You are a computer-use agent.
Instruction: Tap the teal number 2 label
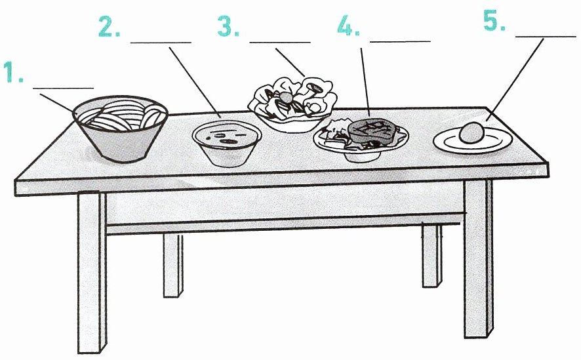(110, 26)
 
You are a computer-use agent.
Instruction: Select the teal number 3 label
(228, 26)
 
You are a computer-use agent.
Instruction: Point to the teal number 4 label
(348, 26)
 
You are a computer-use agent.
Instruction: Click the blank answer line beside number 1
(64, 88)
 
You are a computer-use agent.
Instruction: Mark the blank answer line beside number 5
(546, 37)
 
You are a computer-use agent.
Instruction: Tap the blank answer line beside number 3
(280, 42)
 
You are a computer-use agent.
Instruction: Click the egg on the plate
(471, 133)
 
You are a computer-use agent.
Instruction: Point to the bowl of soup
(227, 142)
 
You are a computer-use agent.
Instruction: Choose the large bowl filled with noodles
(120, 128)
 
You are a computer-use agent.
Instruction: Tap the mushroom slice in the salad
(315, 87)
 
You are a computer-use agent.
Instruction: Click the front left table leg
(92, 273)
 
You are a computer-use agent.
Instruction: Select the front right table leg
(478, 258)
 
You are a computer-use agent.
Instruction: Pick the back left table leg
(173, 265)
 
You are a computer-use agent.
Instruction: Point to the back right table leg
(432, 255)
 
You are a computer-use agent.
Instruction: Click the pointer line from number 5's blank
(515, 79)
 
